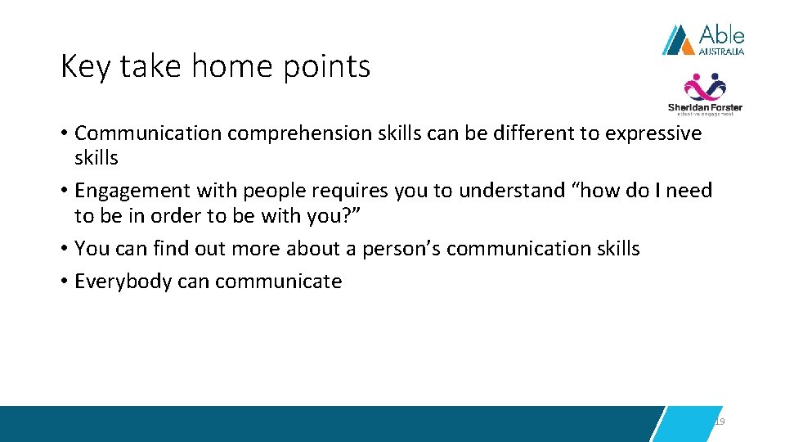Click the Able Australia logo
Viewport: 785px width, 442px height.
click(x=702, y=39)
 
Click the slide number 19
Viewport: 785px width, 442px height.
click(x=720, y=421)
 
